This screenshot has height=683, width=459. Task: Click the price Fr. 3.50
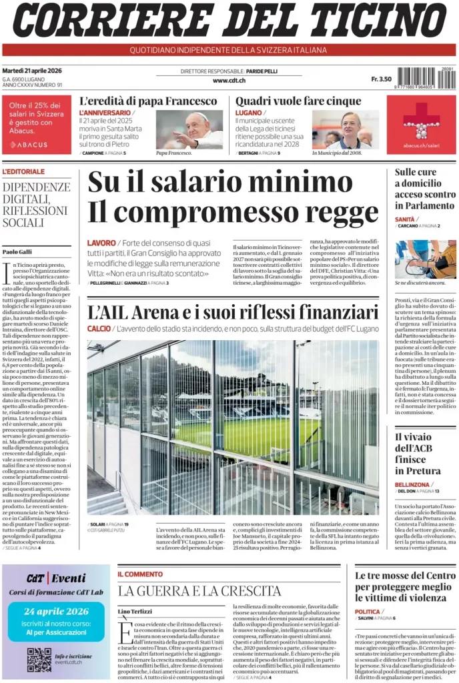(x=381, y=79)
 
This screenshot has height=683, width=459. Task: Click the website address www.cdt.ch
(x=229, y=81)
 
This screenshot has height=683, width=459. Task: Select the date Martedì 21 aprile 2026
(x=32, y=71)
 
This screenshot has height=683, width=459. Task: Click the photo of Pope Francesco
(x=189, y=129)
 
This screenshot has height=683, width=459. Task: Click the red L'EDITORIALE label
(x=23, y=171)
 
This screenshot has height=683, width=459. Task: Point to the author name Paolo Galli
(x=17, y=251)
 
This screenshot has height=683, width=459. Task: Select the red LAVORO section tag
(x=101, y=243)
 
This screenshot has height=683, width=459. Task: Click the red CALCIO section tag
(x=99, y=329)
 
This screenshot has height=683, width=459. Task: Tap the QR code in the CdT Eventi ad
(x=39, y=660)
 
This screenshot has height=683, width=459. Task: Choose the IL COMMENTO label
(x=140, y=574)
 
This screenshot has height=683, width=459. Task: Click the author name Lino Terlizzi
(x=135, y=612)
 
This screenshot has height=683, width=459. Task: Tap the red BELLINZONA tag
(x=412, y=484)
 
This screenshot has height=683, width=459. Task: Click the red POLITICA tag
(x=368, y=612)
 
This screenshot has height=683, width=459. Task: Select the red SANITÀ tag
(x=405, y=219)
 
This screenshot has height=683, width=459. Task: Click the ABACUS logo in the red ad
(x=29, y=144)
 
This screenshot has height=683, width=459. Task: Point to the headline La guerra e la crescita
(x=199, y=591)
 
